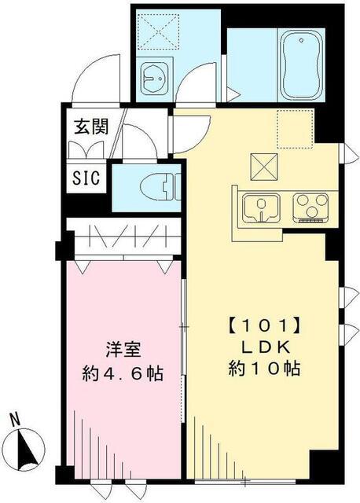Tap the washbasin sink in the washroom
pos(152,76)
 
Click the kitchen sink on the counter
pos(260,207)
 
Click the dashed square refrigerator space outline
pos(296,127)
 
